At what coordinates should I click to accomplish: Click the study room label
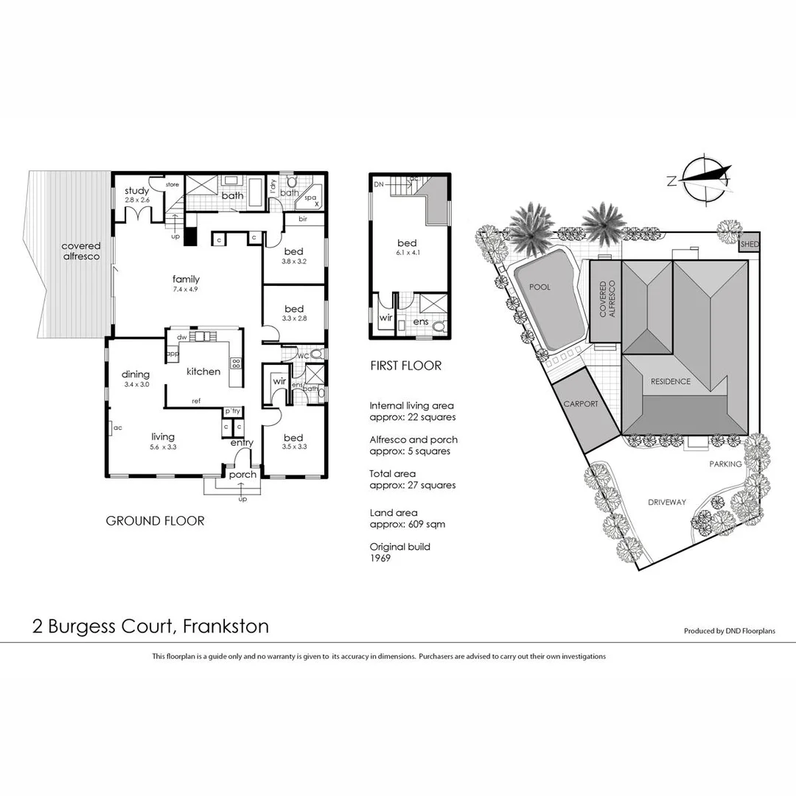click(x=137, y=192)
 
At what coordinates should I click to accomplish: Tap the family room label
click(x=186, y=279)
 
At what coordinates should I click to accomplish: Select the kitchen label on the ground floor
click(x=203, y=371)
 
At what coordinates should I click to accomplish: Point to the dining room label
click(x=136, y=374)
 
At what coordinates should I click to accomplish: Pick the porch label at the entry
click(x=242, y=475)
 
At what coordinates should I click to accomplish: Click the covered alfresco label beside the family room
click(x=81, y=251)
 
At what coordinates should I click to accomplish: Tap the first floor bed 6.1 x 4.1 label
click(x=407, y=244)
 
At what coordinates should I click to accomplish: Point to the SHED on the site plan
click(x=750, y=245)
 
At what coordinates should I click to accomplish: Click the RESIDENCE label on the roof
click(x=670, y=382)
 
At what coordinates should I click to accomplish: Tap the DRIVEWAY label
click(x=666, y=503)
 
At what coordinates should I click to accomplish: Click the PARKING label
click(x=725, y=464)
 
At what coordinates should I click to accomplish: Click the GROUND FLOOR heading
click(x=155, y=521)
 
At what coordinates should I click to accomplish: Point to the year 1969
click(x=380, y=559)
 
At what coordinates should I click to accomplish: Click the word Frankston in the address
click(x=226, y=626)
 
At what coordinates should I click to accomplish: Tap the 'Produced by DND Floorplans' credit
click(x=729, y=631)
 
